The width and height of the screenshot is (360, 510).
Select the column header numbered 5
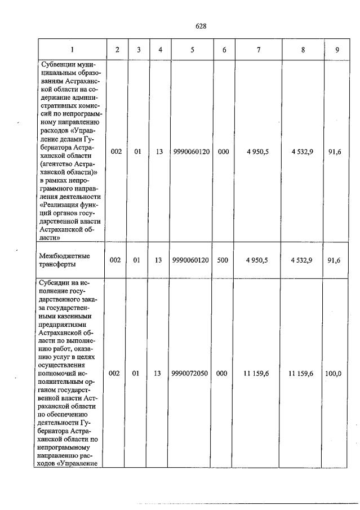(x=192, y=50)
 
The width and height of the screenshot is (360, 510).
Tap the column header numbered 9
(x=337, y=50)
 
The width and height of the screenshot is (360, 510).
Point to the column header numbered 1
(x=72, y=50)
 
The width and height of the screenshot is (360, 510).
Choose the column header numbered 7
(x=258, y=50)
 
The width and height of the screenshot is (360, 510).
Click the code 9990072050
(x=192, y=373)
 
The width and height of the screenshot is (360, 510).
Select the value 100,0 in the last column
(x=337, y=373)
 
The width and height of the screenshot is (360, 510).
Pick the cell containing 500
(x=223, y=260)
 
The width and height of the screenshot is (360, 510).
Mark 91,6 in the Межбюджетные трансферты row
(x=337, y=260)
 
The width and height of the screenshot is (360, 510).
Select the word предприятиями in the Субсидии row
(x=67, y=325)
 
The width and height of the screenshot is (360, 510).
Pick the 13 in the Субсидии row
(x=159, y=373)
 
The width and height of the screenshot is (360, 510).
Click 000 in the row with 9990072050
(x=223, y=373)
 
